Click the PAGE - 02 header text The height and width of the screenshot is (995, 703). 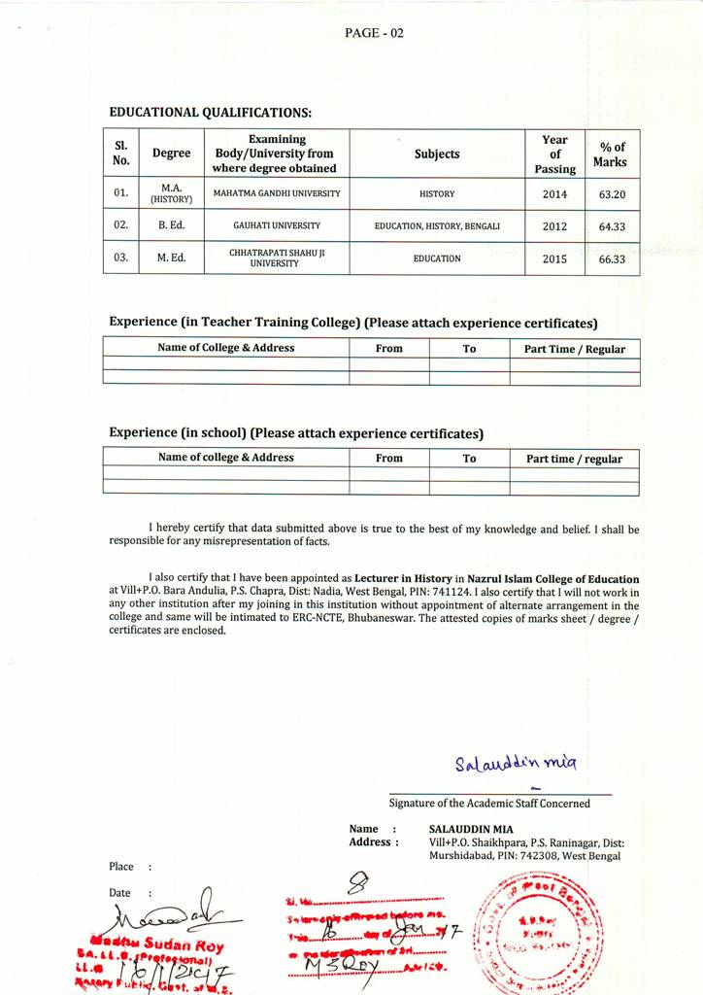pyautogui.click(x=374, y=33)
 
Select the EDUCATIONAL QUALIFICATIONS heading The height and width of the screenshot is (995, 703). pyautogui.click(x=210, y=113)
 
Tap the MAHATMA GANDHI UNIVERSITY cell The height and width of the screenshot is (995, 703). pyautogui.click(x=277, y=193)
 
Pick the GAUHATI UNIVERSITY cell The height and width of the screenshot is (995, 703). pyautogui.click(x=277, y=225)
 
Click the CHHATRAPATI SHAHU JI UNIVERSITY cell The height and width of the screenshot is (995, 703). pyautogui.click(x=277, y=258)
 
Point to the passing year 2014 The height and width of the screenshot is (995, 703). pyautogui.click(x=554, y=194)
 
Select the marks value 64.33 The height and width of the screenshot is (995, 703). pyautogui.click(x=612, y=226)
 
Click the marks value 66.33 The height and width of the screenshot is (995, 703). pyautogui.click(x=612, y=259)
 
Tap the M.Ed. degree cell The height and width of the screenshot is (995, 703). pyautogui.click(x=171, y=258)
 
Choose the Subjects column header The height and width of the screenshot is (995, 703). pyautogui.click(x=437, y=154)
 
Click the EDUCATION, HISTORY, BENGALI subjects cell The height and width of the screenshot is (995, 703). pyautogui.click(x=437, y=225)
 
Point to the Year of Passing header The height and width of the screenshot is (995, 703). pyautogui.click(x=554, y=154)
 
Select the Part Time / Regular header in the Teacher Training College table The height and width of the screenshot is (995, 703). pyautogui.click(x=575, y=348)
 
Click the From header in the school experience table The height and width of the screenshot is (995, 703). pyautogui.click(x=388, y=458)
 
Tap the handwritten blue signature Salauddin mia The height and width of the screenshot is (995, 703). pyautogui.click(x=501, y=763)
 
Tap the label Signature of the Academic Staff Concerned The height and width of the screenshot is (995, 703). pyautogui.click(x=489, y=803)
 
